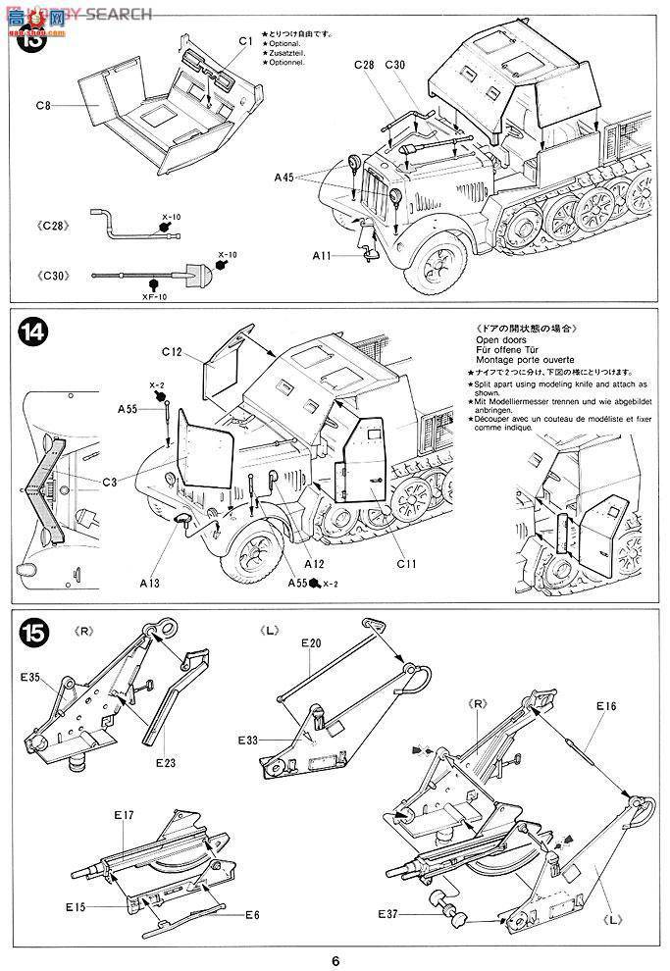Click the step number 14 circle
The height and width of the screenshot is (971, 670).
tap(31, 332)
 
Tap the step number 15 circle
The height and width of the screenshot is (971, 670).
tap(31, 633)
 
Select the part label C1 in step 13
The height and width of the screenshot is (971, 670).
tap(245, 41)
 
